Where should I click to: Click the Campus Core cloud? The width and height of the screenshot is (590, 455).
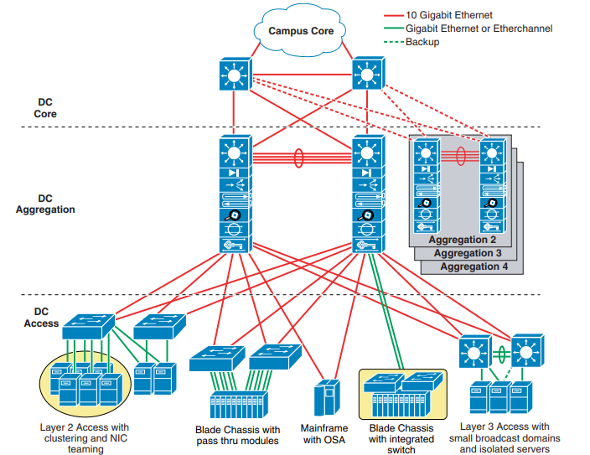coord(300,31)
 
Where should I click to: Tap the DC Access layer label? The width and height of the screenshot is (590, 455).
coord(41,318)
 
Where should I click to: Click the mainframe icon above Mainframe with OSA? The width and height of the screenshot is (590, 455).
coord(323,396)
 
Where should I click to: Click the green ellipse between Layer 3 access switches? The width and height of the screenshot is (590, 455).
coord(500,352)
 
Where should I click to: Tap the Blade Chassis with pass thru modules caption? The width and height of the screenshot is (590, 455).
coord(237,436)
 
